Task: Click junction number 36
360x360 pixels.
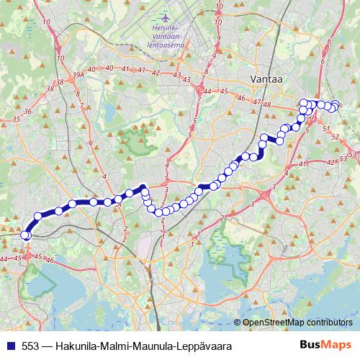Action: (x=27, y=112)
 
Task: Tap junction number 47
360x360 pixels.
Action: (x=256, y=102)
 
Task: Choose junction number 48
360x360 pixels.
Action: (x=266, y=105)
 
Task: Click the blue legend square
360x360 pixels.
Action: (x=11, y=346)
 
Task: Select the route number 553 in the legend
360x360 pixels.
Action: (x=30, y=346)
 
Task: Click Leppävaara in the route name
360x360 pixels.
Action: (x=209, y=346)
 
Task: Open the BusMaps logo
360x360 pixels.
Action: (x=325, y=346)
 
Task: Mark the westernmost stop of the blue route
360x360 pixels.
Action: (x=26, y=235)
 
